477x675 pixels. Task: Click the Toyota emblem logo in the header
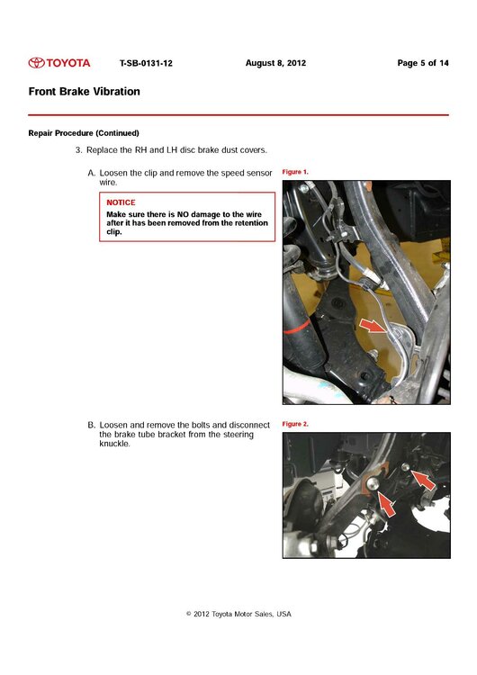(37, 63)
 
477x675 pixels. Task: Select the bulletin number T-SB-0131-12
(146, 63)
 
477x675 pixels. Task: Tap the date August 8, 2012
(275, 63)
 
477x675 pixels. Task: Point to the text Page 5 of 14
(423, 63)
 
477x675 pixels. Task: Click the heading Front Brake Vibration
(85, 91)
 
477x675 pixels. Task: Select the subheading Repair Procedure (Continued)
(84, 133)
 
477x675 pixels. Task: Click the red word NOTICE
(121, 202)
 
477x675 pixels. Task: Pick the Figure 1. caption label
(295, 172)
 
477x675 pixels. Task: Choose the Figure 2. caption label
(295, 424)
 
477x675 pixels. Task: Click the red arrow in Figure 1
(373, 326)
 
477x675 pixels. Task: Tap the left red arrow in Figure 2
(387, 503)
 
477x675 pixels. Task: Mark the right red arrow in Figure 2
(423, 479)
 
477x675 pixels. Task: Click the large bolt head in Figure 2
(373, 484)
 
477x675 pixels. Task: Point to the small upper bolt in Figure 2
(405, 466)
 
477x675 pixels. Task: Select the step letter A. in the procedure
(91, 173)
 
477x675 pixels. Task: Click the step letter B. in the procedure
(91, 425)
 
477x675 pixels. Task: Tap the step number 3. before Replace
(79, 150)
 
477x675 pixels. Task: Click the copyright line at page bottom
(238, 614)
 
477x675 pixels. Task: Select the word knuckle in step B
(114, 444)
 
